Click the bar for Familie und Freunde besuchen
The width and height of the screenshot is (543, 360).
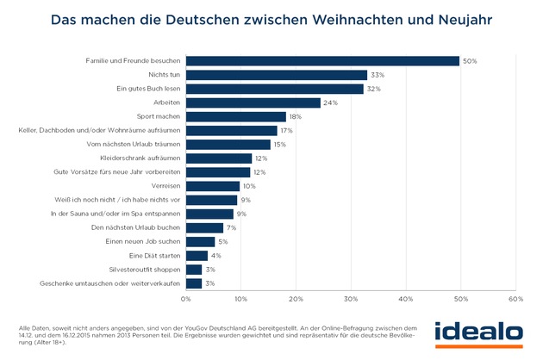click(322, 61)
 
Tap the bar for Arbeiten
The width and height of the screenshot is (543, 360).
click(253, 102)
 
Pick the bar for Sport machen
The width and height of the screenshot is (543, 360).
click(236, 116)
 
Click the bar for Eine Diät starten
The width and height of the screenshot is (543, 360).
click(197, 256)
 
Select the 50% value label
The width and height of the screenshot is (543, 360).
click(471, 61)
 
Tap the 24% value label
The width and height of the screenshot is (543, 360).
click(330, 102)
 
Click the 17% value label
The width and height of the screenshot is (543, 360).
click(289, 131)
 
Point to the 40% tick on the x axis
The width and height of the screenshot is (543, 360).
click(406, 299)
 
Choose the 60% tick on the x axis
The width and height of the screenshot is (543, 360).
click(515, 299)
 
